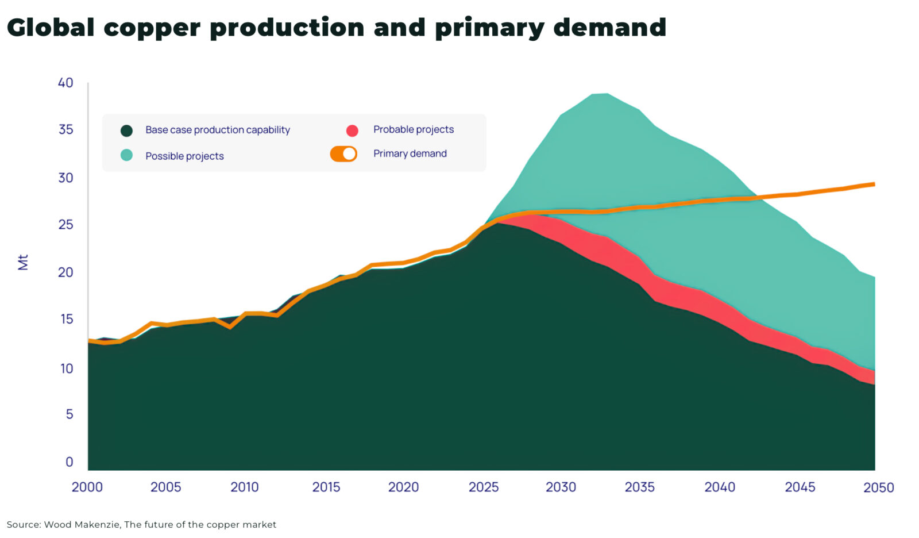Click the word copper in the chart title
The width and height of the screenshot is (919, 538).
[151, 28]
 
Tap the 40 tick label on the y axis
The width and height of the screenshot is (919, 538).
[65, 83]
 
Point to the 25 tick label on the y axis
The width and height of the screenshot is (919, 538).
[65, 225]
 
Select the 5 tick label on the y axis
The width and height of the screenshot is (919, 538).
[69, 414]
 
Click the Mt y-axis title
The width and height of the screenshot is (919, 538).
[23, 262]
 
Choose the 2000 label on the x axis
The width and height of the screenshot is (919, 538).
[87, 487]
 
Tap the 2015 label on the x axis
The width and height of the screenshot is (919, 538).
[326, 487]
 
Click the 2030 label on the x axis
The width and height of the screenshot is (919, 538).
[561, 487]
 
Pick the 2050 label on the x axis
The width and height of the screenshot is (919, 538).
[878, 488]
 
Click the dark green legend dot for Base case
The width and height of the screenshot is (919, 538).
[127, 130]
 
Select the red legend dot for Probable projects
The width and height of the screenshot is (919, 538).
[352, 130]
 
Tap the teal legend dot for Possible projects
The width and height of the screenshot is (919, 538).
[127, 155]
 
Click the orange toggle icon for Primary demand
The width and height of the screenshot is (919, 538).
[343, 154]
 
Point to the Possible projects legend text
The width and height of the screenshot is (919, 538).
[184, 156]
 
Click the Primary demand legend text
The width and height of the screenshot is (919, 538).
[410, 153]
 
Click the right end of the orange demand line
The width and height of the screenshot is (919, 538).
[873, 185]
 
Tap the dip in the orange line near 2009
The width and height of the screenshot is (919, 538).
[230, 326]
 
